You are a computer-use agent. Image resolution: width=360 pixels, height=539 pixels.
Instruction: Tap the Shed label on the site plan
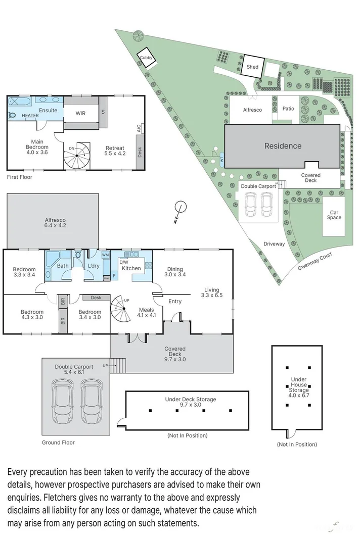point(252,67)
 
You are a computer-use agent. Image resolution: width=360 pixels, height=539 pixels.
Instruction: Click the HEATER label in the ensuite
point(30,116)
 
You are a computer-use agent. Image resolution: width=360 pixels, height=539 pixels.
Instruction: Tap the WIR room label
point(80,114)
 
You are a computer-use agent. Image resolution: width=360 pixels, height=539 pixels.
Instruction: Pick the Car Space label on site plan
point(334,215)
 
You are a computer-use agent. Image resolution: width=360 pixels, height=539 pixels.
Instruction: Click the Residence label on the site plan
point(283,146)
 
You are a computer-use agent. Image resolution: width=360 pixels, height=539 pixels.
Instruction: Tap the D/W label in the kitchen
point(123,262)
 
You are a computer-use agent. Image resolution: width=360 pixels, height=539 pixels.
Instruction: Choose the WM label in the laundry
point(106,255)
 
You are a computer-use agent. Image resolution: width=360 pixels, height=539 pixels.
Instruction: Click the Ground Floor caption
point(58,443)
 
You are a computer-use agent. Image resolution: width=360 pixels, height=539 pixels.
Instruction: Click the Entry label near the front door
point(175,302)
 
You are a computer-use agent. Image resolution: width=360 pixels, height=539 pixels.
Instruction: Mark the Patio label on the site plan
point(288,109)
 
